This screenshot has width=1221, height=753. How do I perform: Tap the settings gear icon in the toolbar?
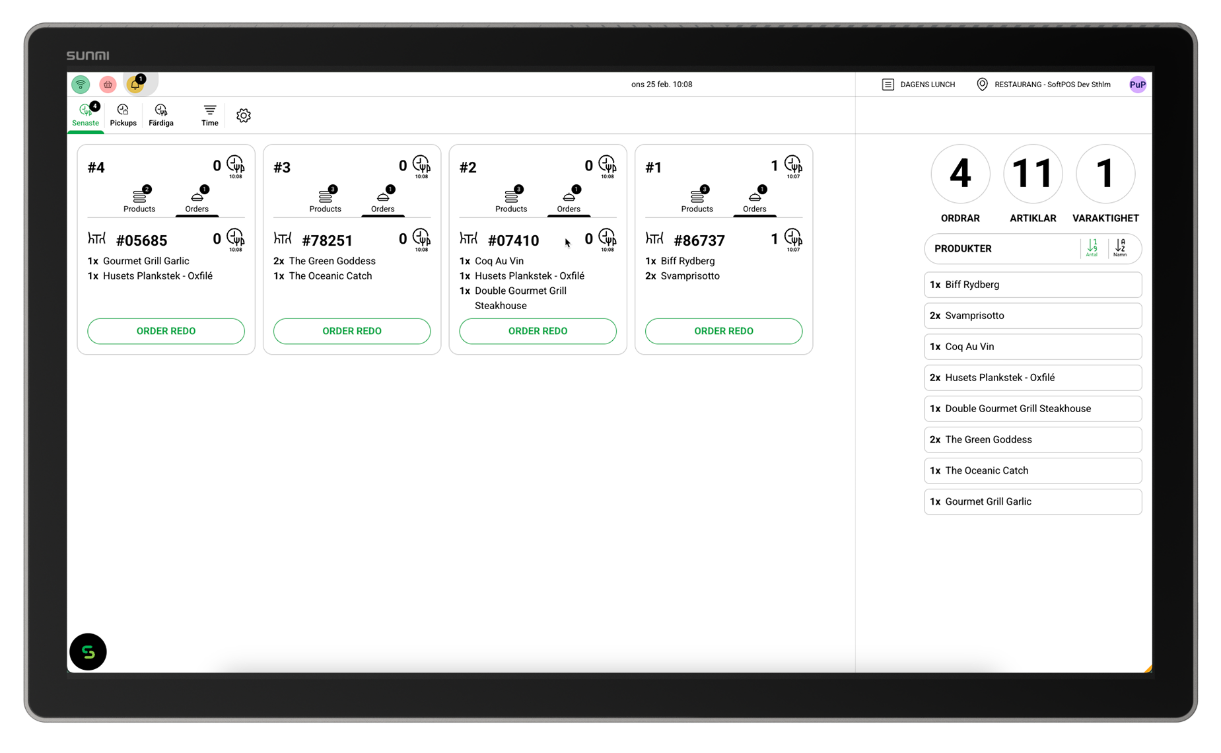click(243, 116)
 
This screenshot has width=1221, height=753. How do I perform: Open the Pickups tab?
click(123, 115)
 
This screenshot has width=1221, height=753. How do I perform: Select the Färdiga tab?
click(161, 115)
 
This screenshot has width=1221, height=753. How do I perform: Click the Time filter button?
click(209, 115)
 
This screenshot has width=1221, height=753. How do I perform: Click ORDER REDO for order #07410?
click(538, 331)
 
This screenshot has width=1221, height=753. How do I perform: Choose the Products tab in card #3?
click(325, 199)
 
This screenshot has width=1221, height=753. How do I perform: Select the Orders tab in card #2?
click(569, 199)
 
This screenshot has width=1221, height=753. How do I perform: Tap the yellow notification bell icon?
click(135, 84)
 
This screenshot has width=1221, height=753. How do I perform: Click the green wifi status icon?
click(81, 84)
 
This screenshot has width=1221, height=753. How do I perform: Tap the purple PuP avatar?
click(1137, 85)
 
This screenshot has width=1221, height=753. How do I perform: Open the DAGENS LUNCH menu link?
click(919, 85)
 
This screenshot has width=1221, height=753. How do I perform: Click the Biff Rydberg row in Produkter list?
click(1033, 285)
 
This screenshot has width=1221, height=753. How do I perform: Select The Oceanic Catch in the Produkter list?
click(1033, 471)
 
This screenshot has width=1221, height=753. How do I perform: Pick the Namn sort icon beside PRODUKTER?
click(1120, 248)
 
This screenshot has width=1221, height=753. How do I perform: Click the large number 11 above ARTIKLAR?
click(1033, 174)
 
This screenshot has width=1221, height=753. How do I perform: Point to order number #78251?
click(327, 240)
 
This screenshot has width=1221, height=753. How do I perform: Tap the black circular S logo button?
click(88, 652)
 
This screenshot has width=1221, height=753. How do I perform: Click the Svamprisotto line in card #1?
click(683, 276)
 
